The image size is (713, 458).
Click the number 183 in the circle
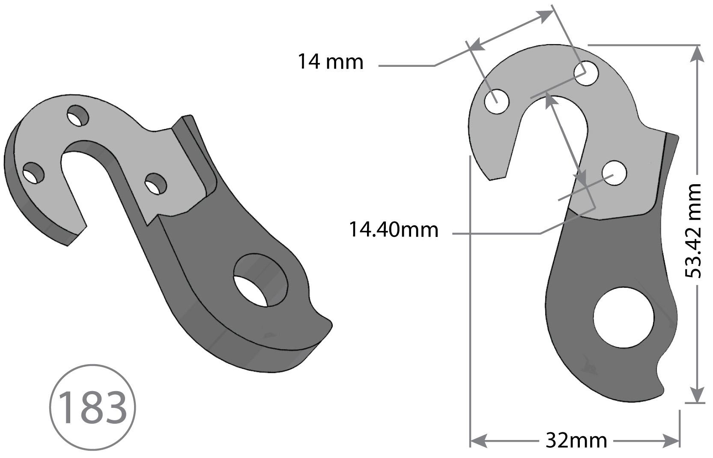[x=92, y=407]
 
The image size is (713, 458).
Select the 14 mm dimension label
[x=330, y=62]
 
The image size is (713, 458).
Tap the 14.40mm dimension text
[x=393, y=230]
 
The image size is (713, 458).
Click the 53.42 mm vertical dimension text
[x=693, y=231]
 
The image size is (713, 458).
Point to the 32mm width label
[x=576, y=440]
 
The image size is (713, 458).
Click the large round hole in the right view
[x=624, y=317]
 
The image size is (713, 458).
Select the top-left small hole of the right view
[x=497, y=102]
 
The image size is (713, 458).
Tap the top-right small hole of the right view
[x=586, y=73]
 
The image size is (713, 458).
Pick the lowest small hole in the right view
[x=614, y=173]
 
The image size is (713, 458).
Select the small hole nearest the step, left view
[x=155, y=183]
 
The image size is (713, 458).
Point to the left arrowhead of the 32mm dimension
[x=478, y=440]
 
